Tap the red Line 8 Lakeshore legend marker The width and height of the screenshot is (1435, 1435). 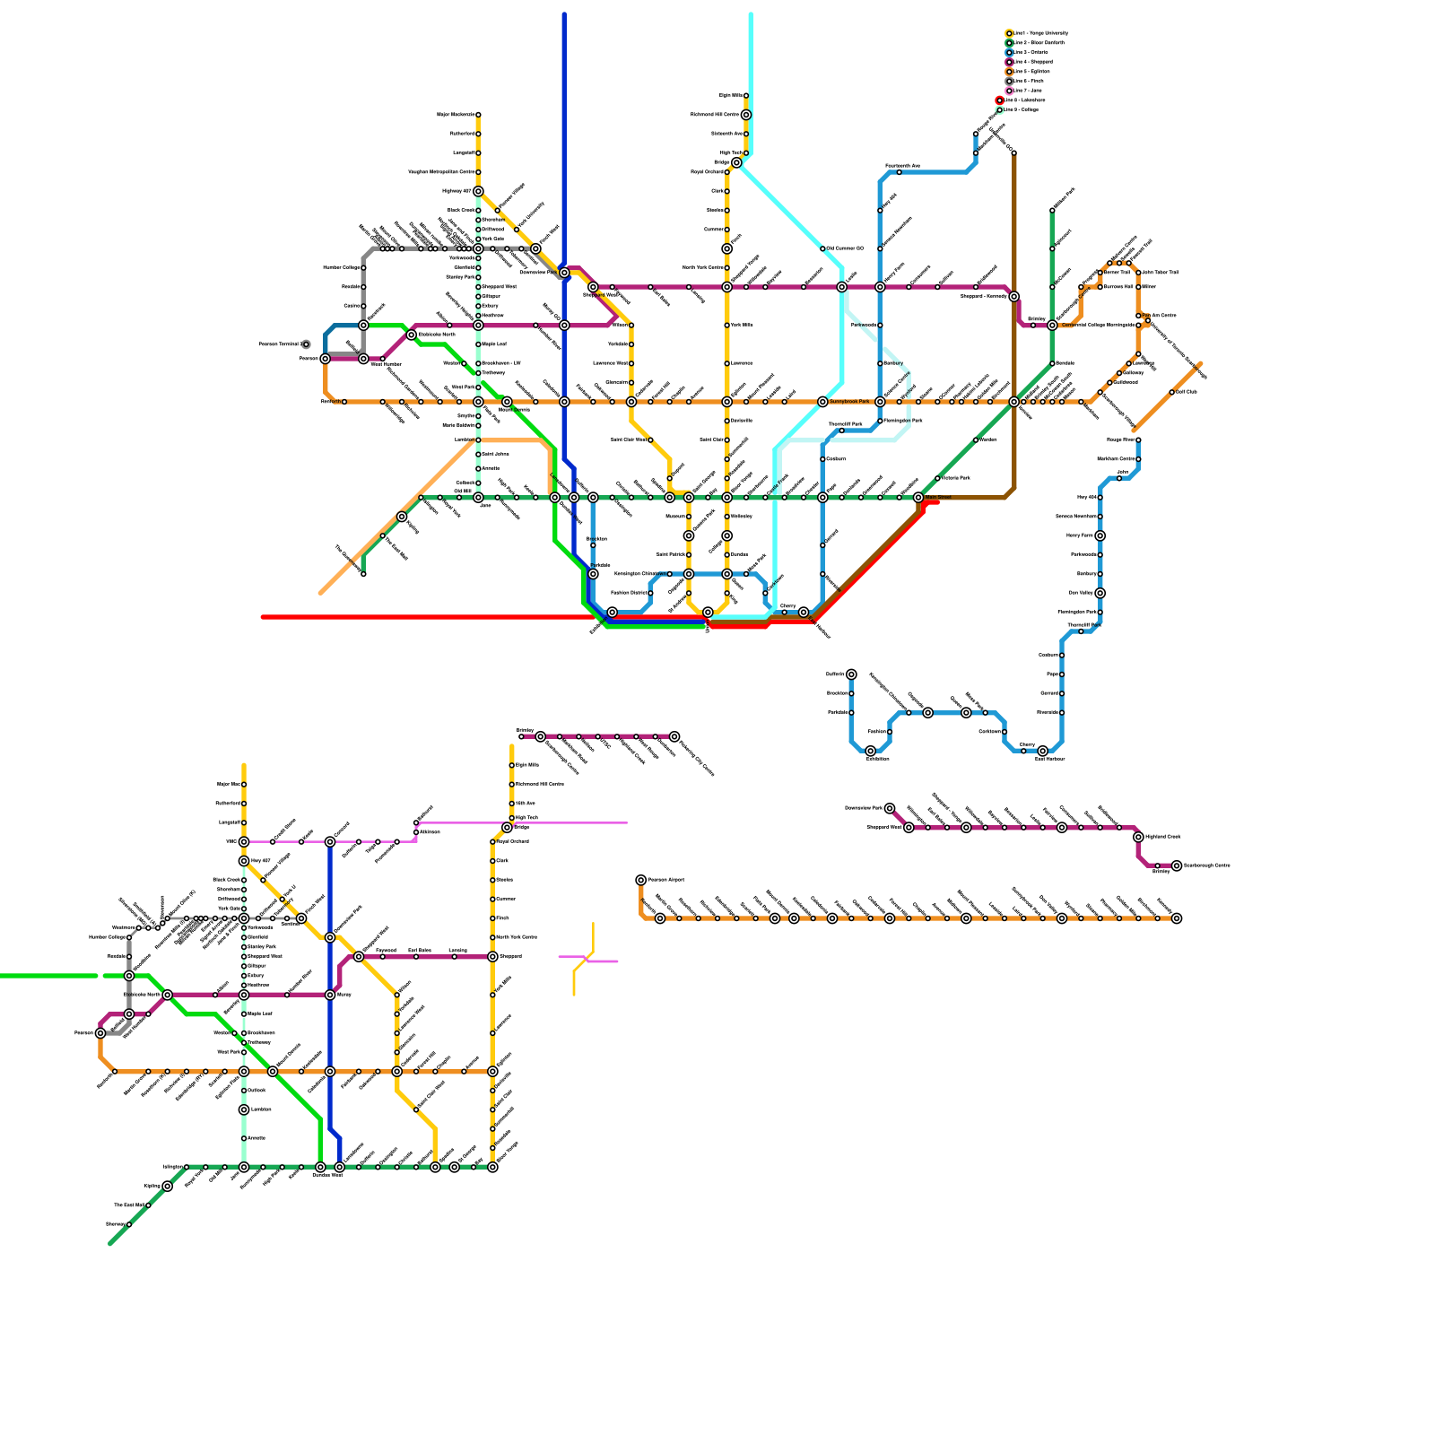pos(1000,100)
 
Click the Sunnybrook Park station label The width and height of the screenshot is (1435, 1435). pos(849,402)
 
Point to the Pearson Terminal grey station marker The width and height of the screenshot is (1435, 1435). pos(306,344)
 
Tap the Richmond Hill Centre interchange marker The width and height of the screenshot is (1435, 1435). pos(746,115)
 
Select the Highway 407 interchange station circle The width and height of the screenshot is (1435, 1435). pos(478,191)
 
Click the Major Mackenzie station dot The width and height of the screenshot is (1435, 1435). pos(478,115)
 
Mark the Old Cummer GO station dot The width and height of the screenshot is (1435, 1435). pos(822,248)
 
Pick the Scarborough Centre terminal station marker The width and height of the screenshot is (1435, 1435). pos(1177,865)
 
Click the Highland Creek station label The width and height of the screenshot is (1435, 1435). pos(1163,837)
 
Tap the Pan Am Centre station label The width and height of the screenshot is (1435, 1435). pos(1161,316)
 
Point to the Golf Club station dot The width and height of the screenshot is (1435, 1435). pos(1171,392)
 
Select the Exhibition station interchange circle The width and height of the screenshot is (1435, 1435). pos(870,751)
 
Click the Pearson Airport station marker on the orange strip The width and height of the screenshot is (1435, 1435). pos(641,880)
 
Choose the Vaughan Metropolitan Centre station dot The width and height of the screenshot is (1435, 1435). pos(478,172)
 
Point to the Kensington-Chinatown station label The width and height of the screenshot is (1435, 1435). pos(639,574)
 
